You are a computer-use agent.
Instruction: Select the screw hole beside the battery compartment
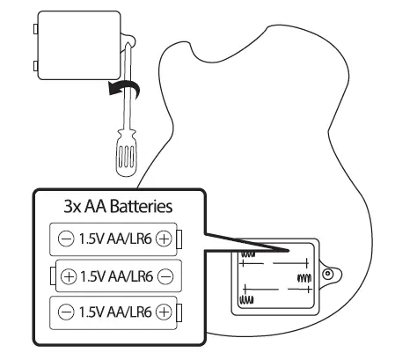click(328, 275)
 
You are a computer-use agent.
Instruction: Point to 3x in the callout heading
click(73, 208)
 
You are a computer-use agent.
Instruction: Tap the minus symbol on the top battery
click(64, 239)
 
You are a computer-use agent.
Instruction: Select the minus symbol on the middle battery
click(165, 276)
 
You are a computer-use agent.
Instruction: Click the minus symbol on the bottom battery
click(64, 311)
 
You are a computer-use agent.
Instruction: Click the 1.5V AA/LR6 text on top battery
click(115, 239)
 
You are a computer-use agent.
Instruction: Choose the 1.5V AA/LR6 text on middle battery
click(117, 276)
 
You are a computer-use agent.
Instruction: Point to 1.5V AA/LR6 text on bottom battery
click(115, 311)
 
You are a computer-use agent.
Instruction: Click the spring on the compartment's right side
click(304, 277)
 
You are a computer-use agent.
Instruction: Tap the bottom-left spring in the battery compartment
click(247, 299)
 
